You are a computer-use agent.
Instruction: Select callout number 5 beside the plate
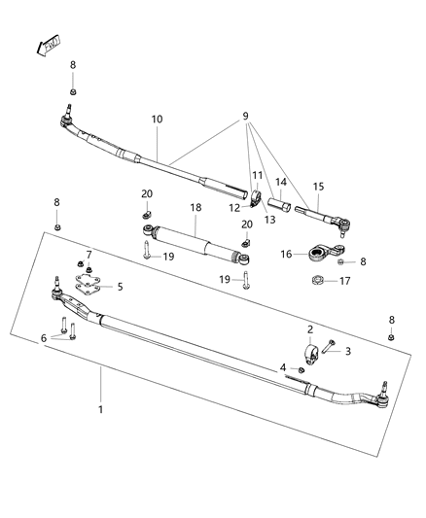coord(120,287)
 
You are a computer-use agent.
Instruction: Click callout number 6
coord(43,337)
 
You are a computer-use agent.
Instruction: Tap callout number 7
coord(89,255)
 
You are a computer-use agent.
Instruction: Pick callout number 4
coord(283,367)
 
